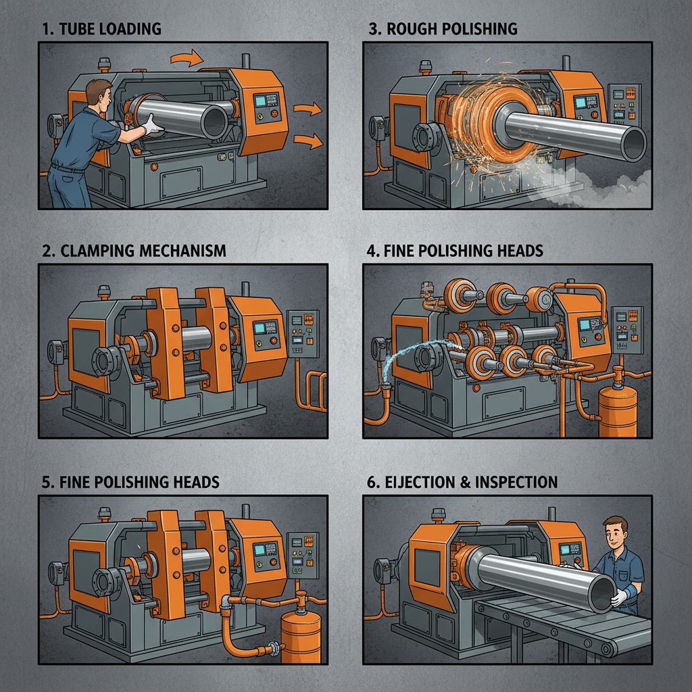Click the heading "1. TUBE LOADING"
[101, 29]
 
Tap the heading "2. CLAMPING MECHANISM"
[133, 251]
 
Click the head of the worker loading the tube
[99, 95]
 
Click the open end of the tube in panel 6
[602, 595]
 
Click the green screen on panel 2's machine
[261, 330]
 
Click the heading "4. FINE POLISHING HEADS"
[454, 251]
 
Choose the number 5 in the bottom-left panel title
[46, 482]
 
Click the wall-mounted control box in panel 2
[302, 332]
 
